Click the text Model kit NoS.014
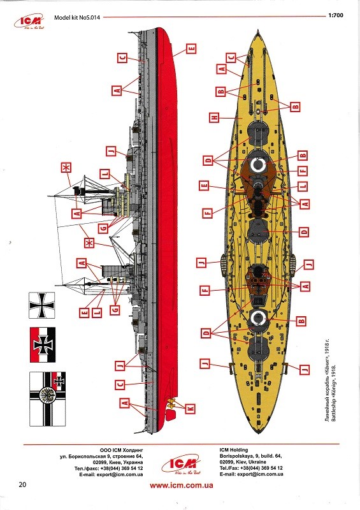pos(77,18)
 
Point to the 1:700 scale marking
pos(336,15)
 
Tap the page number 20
pos(22,484)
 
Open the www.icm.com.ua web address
pos(182,486)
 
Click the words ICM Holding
pos(233,450)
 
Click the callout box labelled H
pos(214,117)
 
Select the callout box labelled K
pos(191,409)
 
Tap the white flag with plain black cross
pos(42,305)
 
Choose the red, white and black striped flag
pos(43,345)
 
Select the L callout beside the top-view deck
pos(303,186)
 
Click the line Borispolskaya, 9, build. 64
pos(251,456)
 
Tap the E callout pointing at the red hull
pos(192,49)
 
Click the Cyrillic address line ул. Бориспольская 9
pos(101,456)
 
